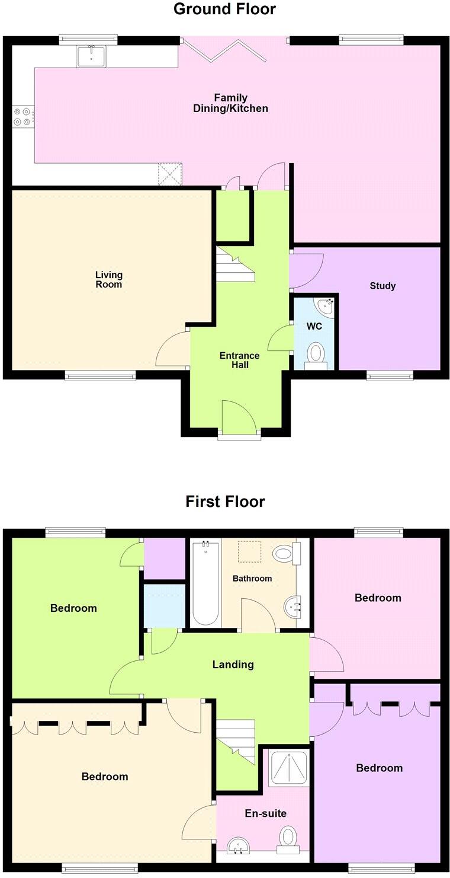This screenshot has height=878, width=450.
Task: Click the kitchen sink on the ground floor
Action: point(91,57)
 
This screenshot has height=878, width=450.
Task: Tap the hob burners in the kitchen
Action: point(23,116)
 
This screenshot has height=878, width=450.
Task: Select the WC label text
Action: point(314,327)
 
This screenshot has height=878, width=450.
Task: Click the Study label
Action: point(382,286)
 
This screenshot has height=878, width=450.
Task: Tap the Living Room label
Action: point(109,279)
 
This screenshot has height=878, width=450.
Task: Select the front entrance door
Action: point(239,420)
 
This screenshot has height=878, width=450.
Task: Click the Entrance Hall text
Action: point(239,360)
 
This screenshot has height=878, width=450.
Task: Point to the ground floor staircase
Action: point(235,264)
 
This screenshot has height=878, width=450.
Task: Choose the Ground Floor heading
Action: point(224,9)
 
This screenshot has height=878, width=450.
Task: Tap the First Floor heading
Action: point(225,502)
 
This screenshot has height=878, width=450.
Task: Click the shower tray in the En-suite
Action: point(289,768)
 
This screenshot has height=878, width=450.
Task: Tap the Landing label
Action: point(233,665)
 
